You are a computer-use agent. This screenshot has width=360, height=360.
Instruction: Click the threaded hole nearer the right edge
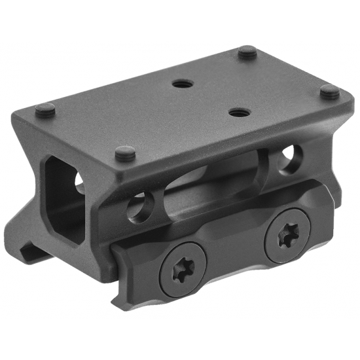point(238,112)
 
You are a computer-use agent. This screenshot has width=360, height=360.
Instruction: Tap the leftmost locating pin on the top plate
point(45,109)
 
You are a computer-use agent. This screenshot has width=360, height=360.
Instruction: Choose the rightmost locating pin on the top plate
point(330,92)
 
